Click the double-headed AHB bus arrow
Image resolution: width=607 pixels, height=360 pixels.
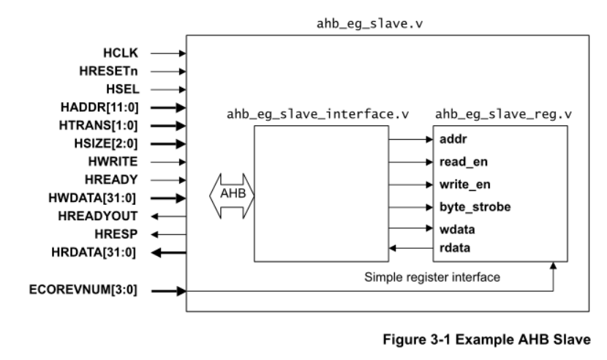point(232,196)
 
